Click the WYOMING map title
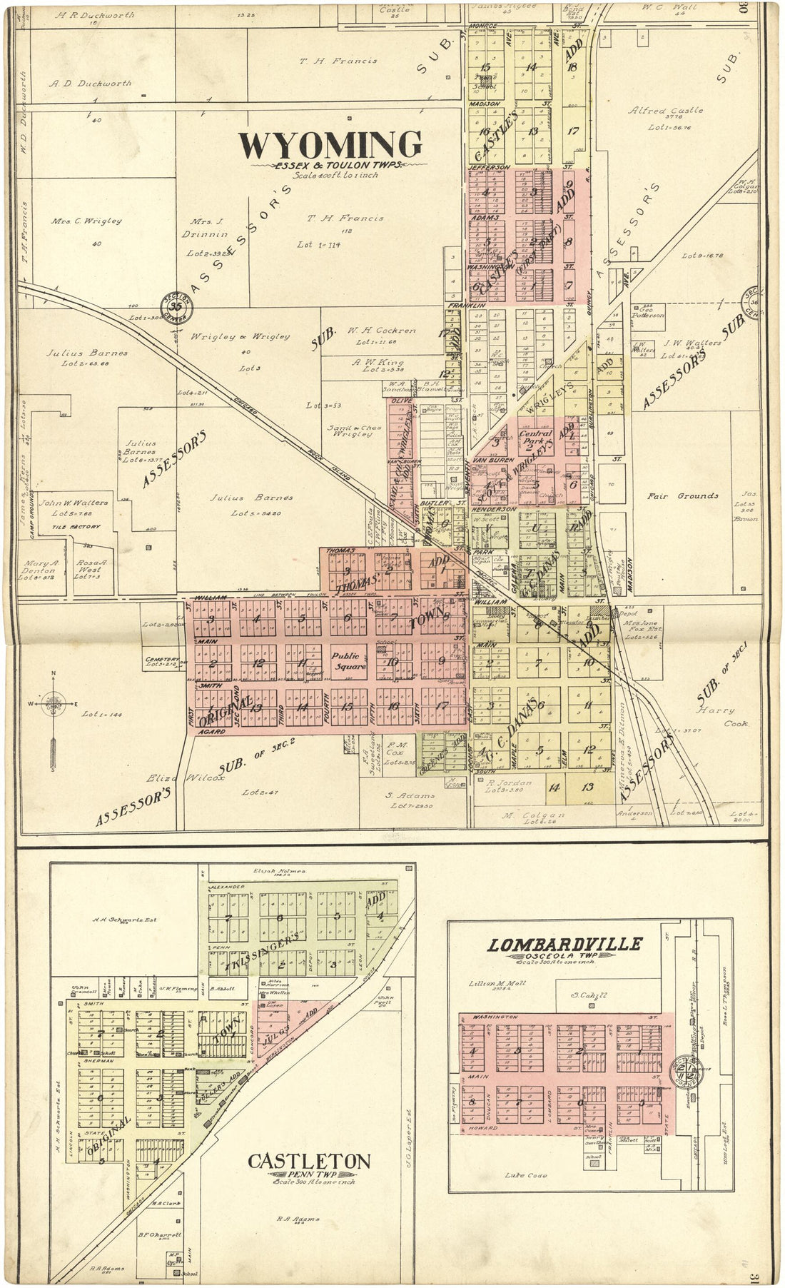[x=330, y=145]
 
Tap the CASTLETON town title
[x=309, y=1161]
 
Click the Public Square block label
[x=348, y=660]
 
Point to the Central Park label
[x=535, y=438]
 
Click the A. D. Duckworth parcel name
[x=90, y=83]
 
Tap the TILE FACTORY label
[x=76, y=527]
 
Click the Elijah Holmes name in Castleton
[x=279, y=872]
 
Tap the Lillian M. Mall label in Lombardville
[x=497, y=984]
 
